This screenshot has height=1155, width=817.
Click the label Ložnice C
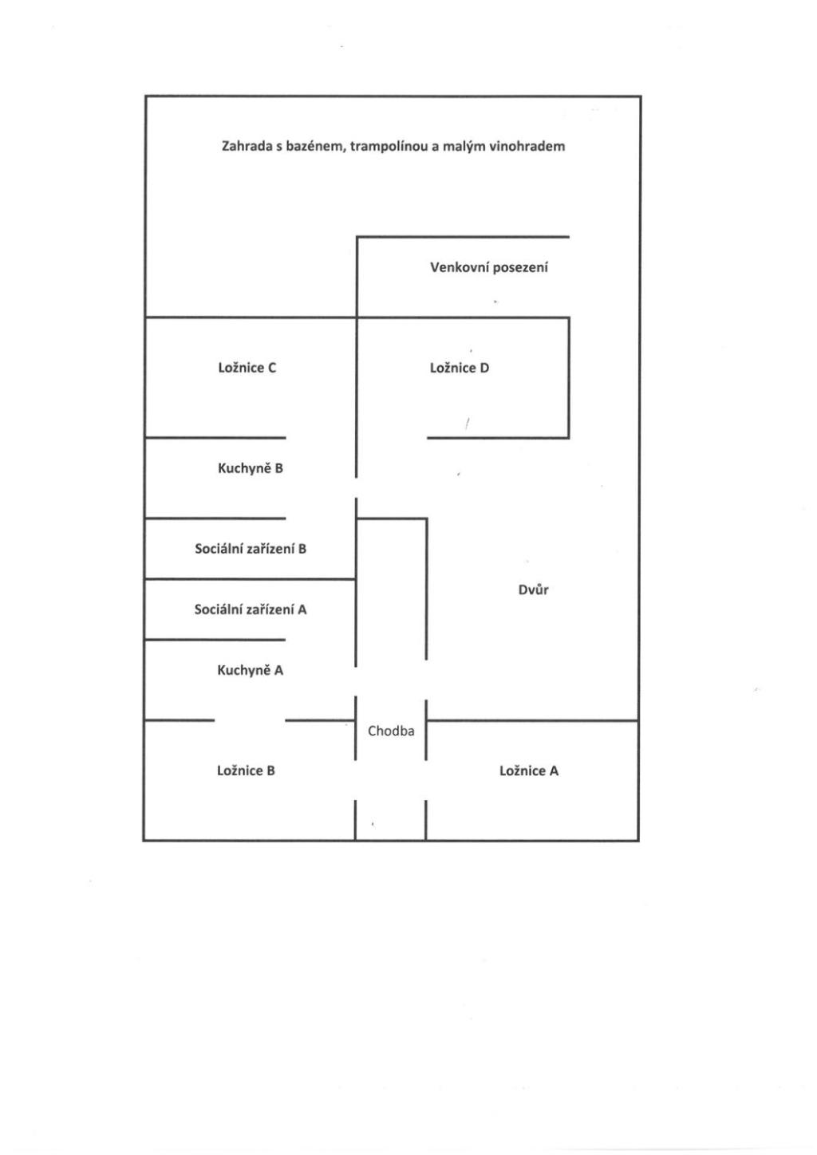click(x=247, y=368)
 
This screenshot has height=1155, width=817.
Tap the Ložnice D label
click(x=460, y=368)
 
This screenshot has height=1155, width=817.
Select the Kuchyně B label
click(x=251, y=468)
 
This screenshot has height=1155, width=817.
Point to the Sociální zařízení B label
click(x=251, y=549)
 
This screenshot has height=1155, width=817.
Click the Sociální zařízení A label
click(x=251, y=609)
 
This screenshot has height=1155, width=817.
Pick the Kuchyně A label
click(x=251, y=670)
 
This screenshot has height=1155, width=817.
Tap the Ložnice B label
click(x=246, y=771)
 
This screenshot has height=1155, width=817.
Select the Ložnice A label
click(x=529, y=771)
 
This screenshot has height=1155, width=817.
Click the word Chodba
click(x=391, y=731)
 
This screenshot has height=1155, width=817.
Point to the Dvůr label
click(x=533, y=589)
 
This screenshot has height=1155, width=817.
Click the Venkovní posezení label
click(x=489, y=267)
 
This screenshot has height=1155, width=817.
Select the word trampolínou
click(x=389, y=147)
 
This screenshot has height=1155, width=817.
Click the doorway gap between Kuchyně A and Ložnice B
click(x=250, y=720)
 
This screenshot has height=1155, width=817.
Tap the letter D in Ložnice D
click(x=484, y=368)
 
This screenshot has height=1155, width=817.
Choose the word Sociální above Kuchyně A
click(x=218, y=609)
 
